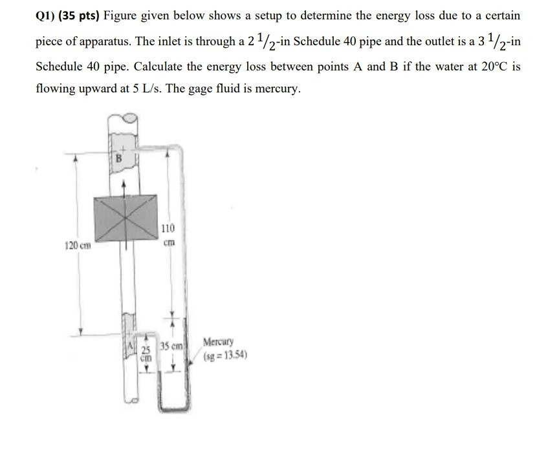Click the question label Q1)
coord(47,15)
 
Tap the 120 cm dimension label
coord(78,246)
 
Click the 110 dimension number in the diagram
coord(168,229)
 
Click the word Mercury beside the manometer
coord(219,342)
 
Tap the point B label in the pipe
coord(118,157)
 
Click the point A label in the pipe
coord(130,345)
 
